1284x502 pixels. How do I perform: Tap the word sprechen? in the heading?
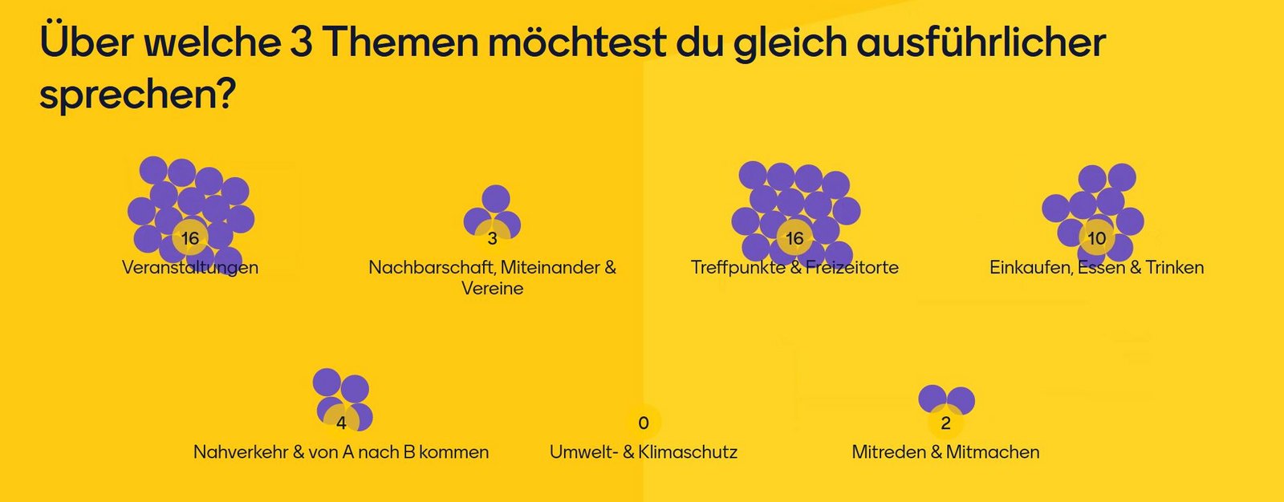pyautogui.click(x=137, y=95)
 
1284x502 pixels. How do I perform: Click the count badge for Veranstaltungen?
pyautogui.click(x=189, y=238)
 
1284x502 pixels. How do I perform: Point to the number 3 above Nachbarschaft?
pyautogui.click(x=492, y=238)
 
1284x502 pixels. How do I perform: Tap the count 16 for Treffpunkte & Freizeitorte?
pyautogui.click(x=794, y=238)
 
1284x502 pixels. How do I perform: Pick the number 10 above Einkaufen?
pyautogui.click(x=1096, y=238)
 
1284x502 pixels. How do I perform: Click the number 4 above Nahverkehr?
pyautogui.click(x=341, y=423)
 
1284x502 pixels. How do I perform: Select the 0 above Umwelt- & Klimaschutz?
pyautogui.click(x=644, y=423)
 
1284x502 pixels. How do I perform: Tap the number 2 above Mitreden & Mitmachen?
pyautogui.click(x=945, y=423)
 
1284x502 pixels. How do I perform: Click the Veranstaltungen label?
pyautogui.click(x=190, y=268)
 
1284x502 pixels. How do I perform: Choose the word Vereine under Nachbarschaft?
pyautogui.click(x=492, y=289)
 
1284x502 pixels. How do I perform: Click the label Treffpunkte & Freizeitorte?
pyautogui.click(x=794, y=268)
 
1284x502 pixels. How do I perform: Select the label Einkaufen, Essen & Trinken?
pyautogui.click(x=1096, y=268)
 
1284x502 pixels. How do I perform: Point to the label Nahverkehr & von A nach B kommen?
pyautogui.click(x=341, y=452)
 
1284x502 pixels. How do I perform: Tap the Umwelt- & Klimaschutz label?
pyautogui.click(x=644, y=452)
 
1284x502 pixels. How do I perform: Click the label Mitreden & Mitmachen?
pyautogui.click(x=945, y=452)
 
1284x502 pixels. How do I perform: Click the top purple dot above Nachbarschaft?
pyautogui.click(x=495, y=199)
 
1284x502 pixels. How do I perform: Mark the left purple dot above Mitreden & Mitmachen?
pyautogui.click(x=933, y=399)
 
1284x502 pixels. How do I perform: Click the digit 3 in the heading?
pyautogui.click(x=301, y=43)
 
